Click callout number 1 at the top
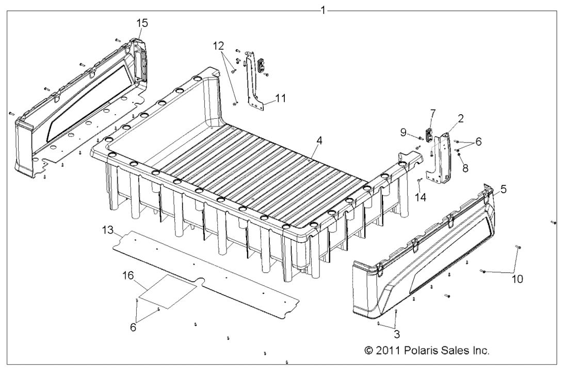click(323, 10)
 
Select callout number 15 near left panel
click(142, 23)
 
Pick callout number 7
click(432, 113)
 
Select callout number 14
click(421, 196)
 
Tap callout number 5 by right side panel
click(503, 190)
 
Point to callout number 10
click(517, 279)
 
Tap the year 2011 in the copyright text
click(386, 350)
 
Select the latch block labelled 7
click(428, 133)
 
